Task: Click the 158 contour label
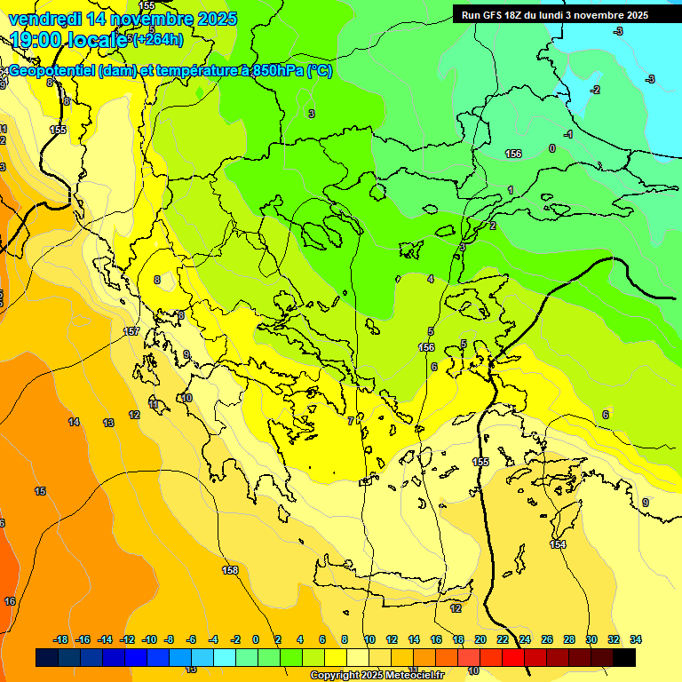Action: point(230,570)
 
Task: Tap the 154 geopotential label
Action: point(558,544)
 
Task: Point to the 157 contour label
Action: point(131,331)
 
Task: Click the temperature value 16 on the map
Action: point(10,601)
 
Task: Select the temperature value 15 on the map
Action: point(40,491)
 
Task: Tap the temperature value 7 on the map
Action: point(350,421)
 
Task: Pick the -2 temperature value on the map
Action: point(596,90)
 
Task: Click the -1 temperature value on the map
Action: point(568,134)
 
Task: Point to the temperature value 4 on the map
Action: point(431,279)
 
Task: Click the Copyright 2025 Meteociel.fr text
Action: point(377,676)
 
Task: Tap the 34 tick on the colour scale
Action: point(635,639)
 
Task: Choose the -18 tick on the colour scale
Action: point(60,639)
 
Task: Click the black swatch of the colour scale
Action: point(623,657)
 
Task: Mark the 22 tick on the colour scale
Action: point(503,639)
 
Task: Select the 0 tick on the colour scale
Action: point(256,639)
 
